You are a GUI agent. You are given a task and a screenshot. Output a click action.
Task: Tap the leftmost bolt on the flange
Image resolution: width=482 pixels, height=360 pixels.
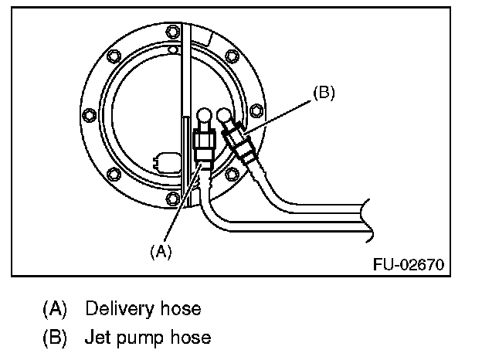(88, 117)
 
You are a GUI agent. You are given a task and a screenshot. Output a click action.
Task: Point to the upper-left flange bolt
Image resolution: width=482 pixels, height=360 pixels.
(114, 56)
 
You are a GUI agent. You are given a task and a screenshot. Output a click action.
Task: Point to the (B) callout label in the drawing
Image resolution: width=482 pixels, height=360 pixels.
(324, 92)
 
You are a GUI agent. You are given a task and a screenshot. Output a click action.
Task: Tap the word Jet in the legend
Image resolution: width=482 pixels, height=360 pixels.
(96, 337)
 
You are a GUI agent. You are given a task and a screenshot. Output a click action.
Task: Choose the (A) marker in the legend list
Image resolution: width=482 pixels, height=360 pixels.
(54, 309)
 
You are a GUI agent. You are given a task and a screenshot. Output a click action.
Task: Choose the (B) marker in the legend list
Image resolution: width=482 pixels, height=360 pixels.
(54, 337)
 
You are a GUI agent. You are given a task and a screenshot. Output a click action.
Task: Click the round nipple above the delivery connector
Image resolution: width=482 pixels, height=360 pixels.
(204, 115)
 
